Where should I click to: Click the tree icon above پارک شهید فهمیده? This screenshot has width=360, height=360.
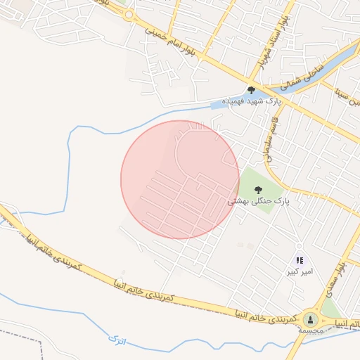(251, 90)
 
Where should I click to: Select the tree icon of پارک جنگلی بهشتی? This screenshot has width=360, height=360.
(257, 189)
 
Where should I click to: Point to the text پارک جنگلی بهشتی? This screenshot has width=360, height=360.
(258, 201)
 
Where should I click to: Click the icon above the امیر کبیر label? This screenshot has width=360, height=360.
(300, 260)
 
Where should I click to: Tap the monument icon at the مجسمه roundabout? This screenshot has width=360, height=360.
(310, 320)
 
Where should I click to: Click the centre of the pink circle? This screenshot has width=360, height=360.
(180, 179)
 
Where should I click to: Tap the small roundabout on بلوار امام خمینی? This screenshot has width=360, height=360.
(129, 14)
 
